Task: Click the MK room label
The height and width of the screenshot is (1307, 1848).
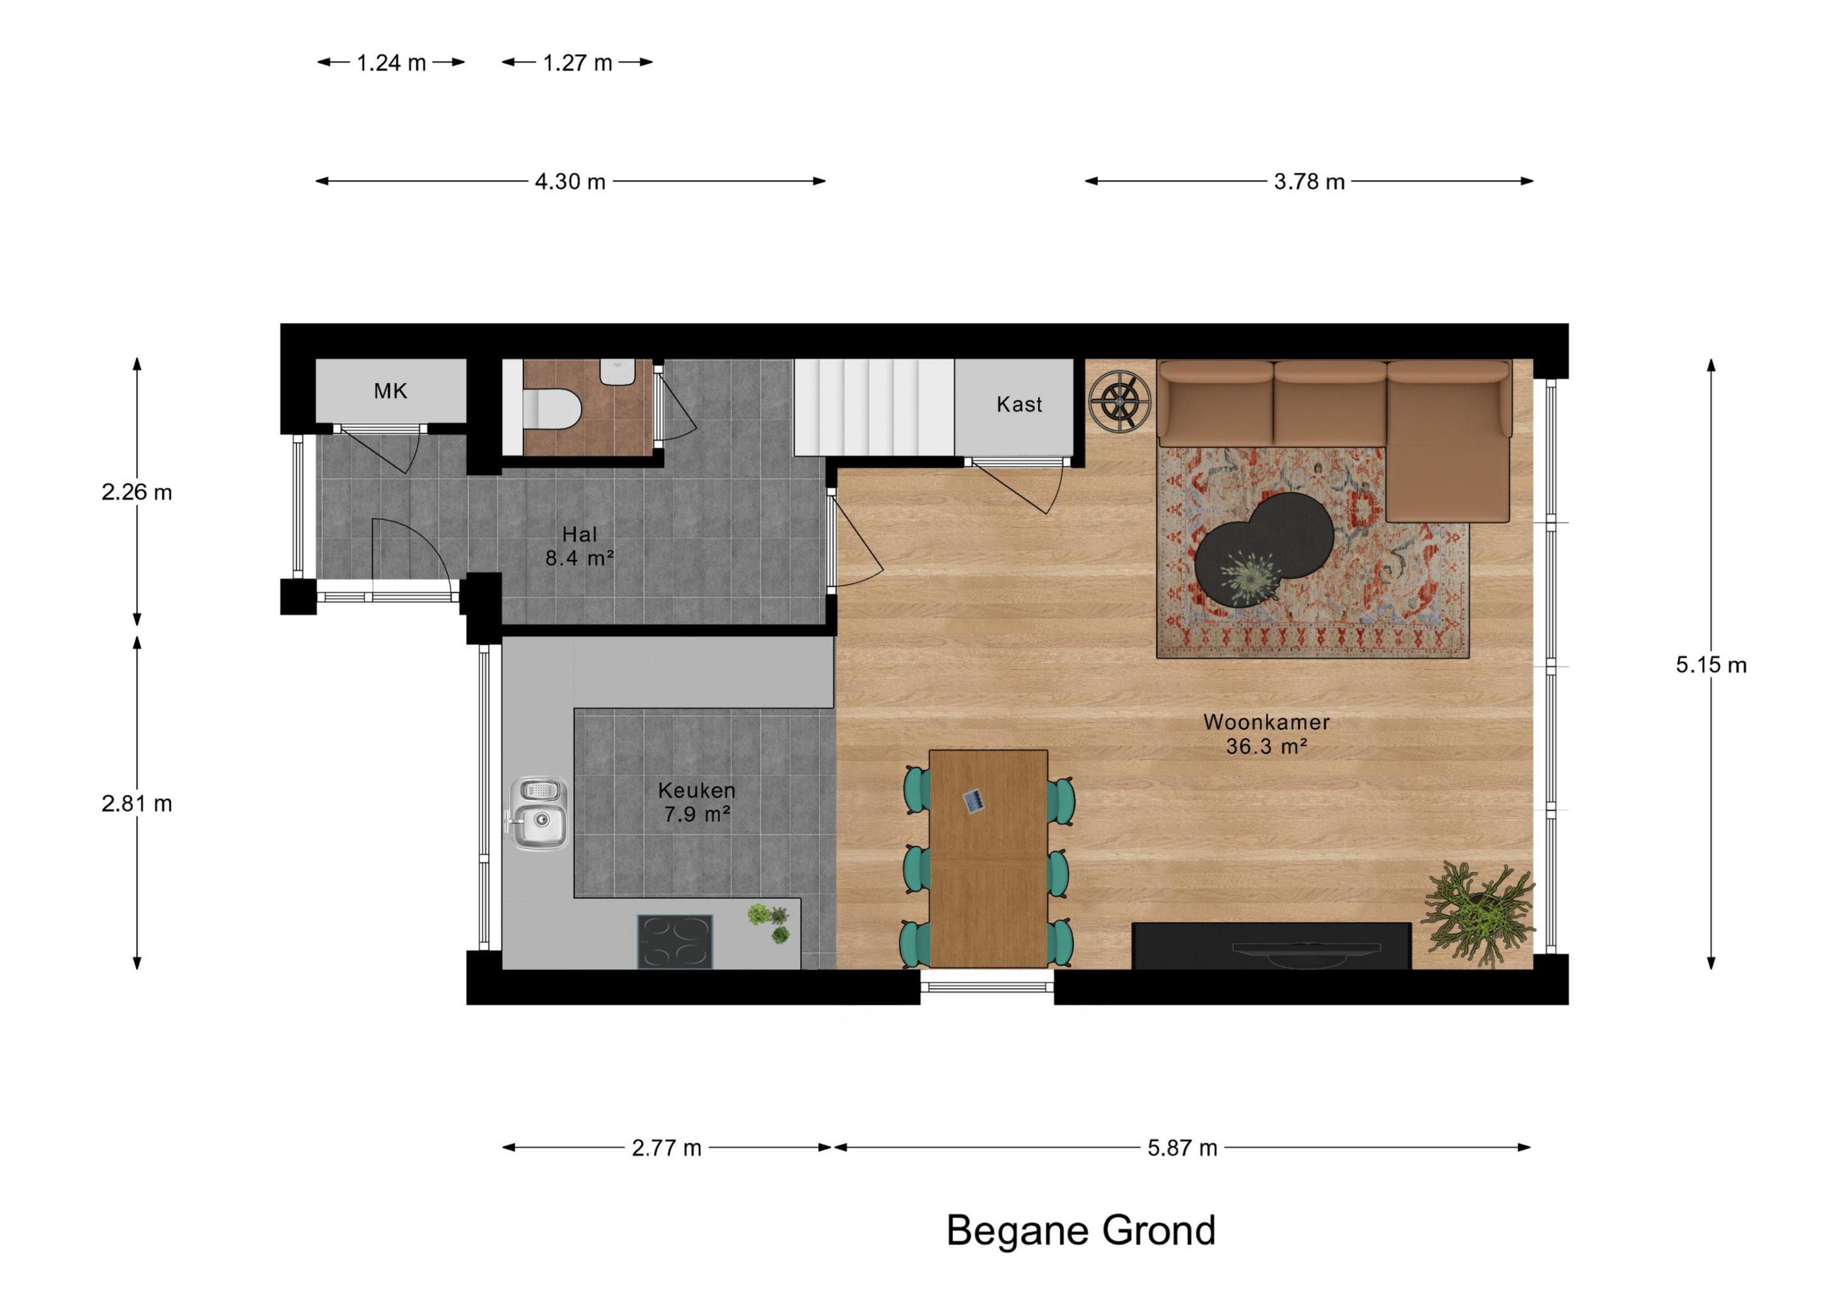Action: [390, 392]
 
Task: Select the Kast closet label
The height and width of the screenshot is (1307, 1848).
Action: [1019, 404]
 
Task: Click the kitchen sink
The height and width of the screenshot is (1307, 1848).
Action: [538, 813]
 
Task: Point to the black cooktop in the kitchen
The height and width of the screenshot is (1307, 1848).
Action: [675, 941]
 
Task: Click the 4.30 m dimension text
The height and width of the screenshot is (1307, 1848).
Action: [570, 181]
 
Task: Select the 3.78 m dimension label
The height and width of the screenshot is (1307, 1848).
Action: [1309, 181]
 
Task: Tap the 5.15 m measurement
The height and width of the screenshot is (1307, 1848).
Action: [1711, 664]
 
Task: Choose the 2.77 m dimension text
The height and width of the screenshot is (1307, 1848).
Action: [667, 1148]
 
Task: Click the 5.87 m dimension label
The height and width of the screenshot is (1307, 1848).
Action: [1181, 1148]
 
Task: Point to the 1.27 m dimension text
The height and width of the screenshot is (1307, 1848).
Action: [577, 63]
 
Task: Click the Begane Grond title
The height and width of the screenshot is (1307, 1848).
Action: [1080, 1230]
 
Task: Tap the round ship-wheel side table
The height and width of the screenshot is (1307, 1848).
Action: [1120, 400]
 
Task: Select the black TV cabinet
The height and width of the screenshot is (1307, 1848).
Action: [1271, 946]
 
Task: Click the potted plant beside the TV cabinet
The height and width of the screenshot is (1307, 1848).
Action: [1480, 912]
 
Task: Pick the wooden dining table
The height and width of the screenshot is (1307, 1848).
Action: [988, 858]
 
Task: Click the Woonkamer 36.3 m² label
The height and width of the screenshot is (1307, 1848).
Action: [1266, 734]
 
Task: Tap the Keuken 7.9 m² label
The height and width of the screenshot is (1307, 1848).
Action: [696, 802]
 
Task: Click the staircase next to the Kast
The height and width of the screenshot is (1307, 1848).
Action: [874, 408]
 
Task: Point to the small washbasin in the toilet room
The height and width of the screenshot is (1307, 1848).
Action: [617, 371]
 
